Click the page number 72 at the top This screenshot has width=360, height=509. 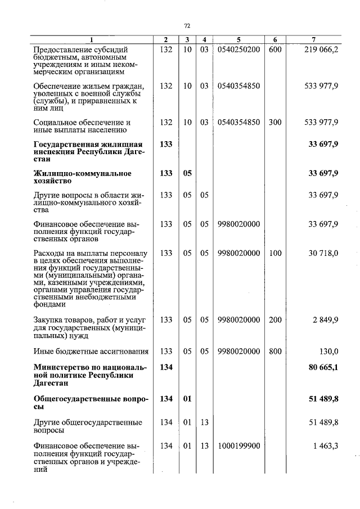click(187, 26)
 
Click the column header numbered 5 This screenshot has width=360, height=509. click(238, 39)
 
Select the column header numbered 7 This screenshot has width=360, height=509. click(313, 39)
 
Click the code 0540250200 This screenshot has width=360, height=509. click(238, 49)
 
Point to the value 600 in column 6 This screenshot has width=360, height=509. click(275, 49)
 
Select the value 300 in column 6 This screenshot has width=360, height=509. click(275, 122)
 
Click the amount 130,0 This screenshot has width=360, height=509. click(328, 352)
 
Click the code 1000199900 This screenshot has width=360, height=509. click(238, 446)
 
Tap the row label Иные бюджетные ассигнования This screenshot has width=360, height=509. click(91, 352)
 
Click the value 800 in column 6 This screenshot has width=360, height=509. click(275, 352)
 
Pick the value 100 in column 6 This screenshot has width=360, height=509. click(275, 253)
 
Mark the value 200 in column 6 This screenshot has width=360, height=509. click(275, 320)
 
